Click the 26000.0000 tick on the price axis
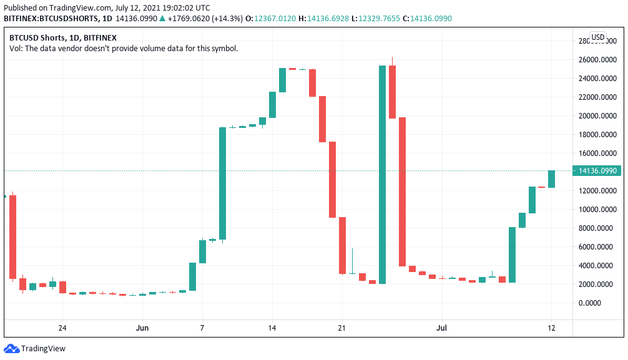(x=597, y=60)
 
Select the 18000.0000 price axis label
(x=597, y=135)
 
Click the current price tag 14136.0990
(x=597, y=170)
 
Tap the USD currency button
(x=598, y=37)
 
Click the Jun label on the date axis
(x=142, y=327)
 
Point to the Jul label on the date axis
(x=441, y=327)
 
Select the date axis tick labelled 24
(x=62, y=327)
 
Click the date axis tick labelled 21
(x=341, y=327)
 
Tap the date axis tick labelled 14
(x=272, y=327)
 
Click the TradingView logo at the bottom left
(x=35, y=348)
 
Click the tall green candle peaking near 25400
(x=382, y=175)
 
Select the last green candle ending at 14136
(x=552, y=178)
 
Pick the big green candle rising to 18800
(x=222, y=183)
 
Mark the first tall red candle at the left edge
(x=12, y=236)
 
